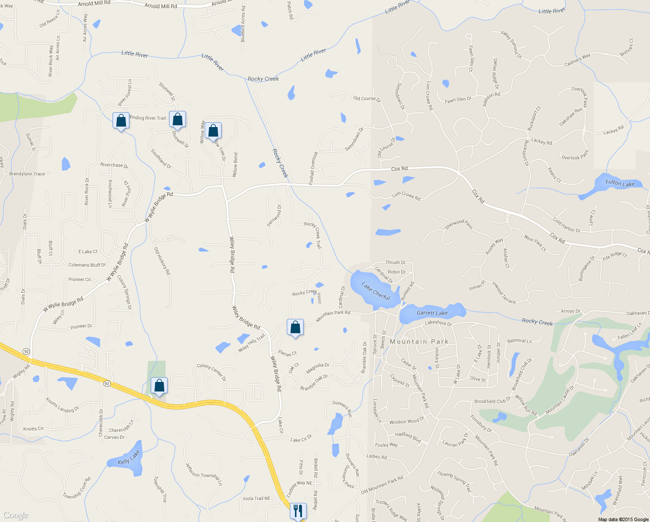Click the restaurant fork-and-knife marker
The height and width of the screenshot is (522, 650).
pyautogui.click(x=298, y=511)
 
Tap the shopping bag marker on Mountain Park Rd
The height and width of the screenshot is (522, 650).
pyautogui.click(x=295, y=328)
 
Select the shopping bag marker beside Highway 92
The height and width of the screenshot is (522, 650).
pyautogui.click(x=159, y=386)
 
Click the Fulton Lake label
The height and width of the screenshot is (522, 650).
pyautogui.click(x=620, y=184)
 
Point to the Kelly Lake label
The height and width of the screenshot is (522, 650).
pyautogui.click(x=129, y=458)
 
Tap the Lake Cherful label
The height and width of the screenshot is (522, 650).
pyautogui.click(x=376, y=291)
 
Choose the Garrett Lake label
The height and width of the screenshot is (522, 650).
pyautogui.click(x=432, y=313)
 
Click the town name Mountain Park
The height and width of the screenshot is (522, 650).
pyautogui.click(x=419, y=341)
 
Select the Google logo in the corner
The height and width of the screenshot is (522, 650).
pyautogui.click(x=16, y=515)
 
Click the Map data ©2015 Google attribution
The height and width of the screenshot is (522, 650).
pyautogui.click(x=623, y=519)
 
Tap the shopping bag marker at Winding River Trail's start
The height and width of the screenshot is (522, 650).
pyautogui.click(x=121, y=120)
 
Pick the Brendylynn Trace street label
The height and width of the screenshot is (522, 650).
pyautogui.click(x=27, y=174)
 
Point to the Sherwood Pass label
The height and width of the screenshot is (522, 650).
pyautogui.click(x=458, y=224)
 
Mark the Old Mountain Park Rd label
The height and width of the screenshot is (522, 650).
pyautogui.click(x=382, y=485)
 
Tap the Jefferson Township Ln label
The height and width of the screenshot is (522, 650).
pyautogui.click(x=204, y=474)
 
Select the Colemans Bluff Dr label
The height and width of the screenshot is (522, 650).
pyautogui.click(x=87, y=265)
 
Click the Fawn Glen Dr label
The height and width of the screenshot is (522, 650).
pyautogui.click(x=458, y=100)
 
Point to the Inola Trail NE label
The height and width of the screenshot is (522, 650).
pyautogui.click(x=256, y=499)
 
